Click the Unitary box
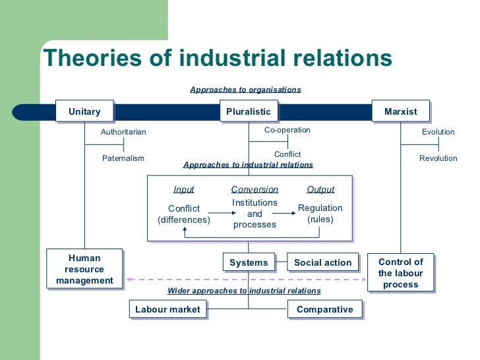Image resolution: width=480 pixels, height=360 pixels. pyautogui.click(x=84, y=111)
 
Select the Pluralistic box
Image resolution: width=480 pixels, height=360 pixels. pyautogui.click(x=248, y=111)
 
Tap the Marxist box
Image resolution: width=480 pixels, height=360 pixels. pyautogui.click(x=401, y=111)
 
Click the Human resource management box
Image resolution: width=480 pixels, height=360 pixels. pyautogui.click(x=84, y=269)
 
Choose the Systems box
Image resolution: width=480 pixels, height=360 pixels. pyautogui.click(x=249, y=262)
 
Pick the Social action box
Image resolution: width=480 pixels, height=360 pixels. pyautogui.click(x=323, y=262)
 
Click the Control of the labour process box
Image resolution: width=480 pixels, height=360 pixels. pyautogui.click(x=400, y=273)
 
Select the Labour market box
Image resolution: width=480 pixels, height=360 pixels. pyautogui.click(x=167, y=309)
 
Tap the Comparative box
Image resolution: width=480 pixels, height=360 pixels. pyautogui.click(x=324, y=309)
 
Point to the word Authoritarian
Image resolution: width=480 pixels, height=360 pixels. pyautogui.click(x=123, y=132)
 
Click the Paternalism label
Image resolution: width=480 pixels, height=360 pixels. pyautogui.click(x=123, y=158)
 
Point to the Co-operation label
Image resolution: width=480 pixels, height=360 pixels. pyautogui.click(x=287, y=130)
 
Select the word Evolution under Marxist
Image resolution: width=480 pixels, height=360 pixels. pyautogui.click(x=438, y=132)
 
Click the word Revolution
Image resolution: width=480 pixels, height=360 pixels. pyautogui.click(x=438, y=158)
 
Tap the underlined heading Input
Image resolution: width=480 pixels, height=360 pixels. pyautogui.click(x=183, y=189)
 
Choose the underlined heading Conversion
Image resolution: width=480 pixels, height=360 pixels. pyautogui.click(x=255, y=189)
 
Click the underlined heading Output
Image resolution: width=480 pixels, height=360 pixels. pyautogui.click(x=320, y=189)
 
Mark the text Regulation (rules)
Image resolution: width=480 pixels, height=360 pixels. pyautogui.click(x=320, y=214)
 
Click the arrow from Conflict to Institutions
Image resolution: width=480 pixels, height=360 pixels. pyautogui.click(x=220, y=214)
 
